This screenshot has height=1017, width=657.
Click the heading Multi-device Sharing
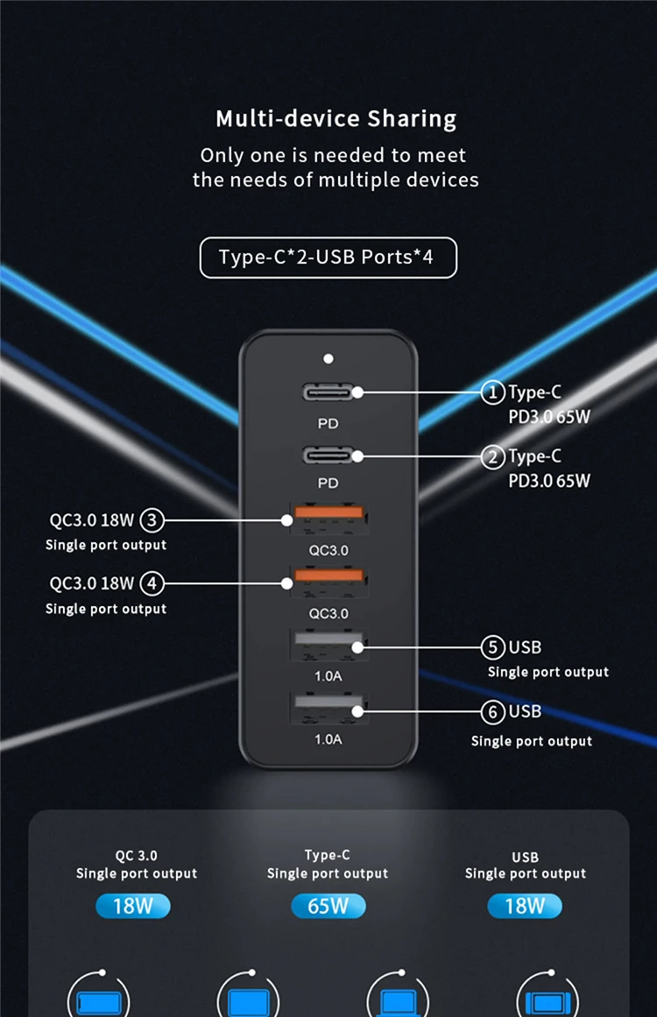336,118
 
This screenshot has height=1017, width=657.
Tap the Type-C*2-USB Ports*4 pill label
328,258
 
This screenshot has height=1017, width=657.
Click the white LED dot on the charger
328,358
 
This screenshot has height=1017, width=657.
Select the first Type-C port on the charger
328,392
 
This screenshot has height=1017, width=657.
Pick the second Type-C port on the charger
328,456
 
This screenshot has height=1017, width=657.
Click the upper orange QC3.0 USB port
328,519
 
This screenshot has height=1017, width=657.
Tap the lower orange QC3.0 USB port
328,582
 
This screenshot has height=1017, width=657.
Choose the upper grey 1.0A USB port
328,646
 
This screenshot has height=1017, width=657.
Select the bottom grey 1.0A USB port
328,709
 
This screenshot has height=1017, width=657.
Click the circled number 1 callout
493,393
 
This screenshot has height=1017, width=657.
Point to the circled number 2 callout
493,456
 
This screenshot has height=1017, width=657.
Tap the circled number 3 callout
152,521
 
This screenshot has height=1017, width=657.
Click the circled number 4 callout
152,583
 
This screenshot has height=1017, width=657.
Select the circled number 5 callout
493,647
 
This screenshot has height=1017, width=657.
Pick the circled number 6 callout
493,712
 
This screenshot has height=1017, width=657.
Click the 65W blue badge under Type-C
328,906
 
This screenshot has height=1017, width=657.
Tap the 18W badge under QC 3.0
133,906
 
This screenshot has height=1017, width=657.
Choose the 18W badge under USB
525,906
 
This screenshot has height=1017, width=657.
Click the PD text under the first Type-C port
328,423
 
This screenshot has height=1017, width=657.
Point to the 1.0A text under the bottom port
328,739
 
